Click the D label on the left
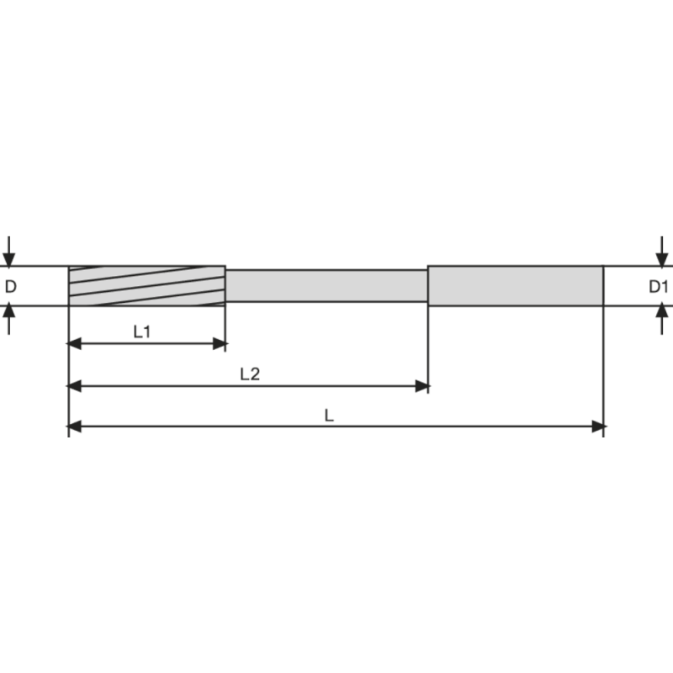tap(10, 286)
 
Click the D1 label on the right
tap(659, 286)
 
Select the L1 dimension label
tap(142, 331)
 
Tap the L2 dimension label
tap(250, 374)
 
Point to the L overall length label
tap(331, 415)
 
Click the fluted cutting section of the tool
tap(146, 286)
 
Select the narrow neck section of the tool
tap(327, 286)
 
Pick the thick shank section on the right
tap(516, 285)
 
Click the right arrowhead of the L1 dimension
tap(220, 343)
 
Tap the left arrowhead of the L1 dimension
tap(74, 343)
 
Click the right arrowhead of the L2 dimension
tap(422, 386)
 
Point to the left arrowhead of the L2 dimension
tap(74, 386)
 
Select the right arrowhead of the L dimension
tap(598, 427)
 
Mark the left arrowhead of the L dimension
tap(74, 427)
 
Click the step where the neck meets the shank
tap(428, 286)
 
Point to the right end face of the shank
tap(604, 285)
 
